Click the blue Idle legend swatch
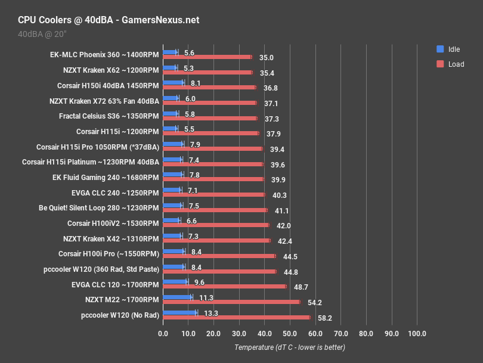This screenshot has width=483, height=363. [x=440, y=49]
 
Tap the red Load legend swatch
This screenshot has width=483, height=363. [x=440, y=64]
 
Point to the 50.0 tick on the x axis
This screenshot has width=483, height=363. [x=290, y=333]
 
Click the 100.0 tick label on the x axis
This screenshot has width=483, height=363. [x=417, y=333]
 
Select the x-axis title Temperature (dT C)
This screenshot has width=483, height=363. [x=289, y=347]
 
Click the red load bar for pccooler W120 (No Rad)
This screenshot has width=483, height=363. [x=236, y=317]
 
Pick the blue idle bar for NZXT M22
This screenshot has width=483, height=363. [x=177, y=297]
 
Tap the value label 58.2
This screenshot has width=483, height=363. [x=324, y=318]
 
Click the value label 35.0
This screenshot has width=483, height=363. [x=266, y=58]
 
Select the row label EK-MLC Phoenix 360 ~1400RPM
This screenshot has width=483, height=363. [x=105, y=54]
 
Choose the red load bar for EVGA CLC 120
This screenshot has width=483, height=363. [x=224, y=286]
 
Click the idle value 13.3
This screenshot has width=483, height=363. [x=211, y=312]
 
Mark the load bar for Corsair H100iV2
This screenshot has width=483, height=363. [x=216, y=225]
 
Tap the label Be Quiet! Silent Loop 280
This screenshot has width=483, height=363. [x=98, y=209]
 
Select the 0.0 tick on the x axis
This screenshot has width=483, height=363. [x=163, y=333]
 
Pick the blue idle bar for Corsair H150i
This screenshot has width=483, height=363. [x=173, y=82]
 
